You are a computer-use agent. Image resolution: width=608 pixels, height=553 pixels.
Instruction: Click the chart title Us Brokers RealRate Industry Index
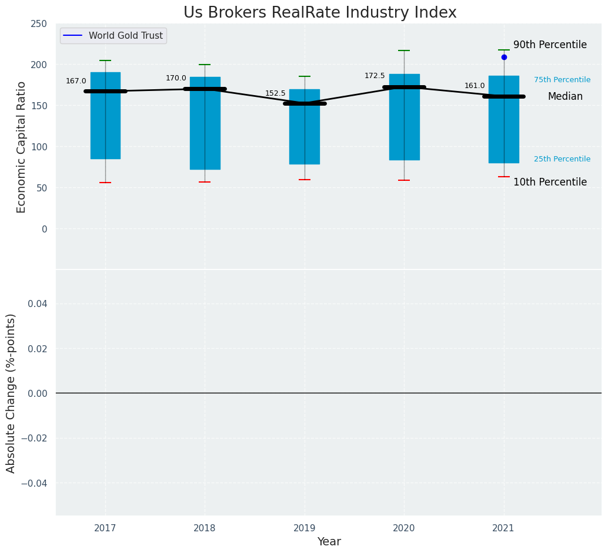click(x=320, y=13)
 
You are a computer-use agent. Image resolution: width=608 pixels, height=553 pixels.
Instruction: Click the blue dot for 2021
click(x=504, y=57)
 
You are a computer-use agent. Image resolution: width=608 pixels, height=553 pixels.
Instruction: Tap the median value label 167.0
click(x=76, y=81)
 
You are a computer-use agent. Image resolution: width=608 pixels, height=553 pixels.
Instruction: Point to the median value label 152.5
click(x=275, y=93)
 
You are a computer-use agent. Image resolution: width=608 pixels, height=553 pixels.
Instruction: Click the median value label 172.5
click(x=375, y=76)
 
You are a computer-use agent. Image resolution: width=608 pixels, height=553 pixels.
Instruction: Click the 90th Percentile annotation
click(x=550, y=45)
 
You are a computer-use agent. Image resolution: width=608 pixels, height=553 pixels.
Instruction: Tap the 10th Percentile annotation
click(x=550, y=182)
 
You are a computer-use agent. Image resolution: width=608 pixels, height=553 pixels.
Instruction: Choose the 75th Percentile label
click(x=562, y=80)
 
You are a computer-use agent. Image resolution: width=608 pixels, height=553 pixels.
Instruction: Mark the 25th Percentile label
click(x=562, y=159)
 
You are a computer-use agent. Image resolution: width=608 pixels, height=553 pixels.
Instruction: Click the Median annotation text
click(x=565, y=97)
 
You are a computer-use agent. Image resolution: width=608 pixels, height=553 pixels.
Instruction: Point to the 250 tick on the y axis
click(x=39, y=23)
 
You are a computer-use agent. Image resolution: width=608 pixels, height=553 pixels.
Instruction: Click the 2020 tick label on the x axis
click(x=404, y=528)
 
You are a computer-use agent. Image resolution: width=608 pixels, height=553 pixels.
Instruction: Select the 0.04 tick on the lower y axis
click(x=36, y=304)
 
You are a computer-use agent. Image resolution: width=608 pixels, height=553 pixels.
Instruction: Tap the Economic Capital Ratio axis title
click(x=21, y=147)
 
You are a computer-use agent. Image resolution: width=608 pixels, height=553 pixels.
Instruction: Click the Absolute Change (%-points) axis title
click(x=11, y=393)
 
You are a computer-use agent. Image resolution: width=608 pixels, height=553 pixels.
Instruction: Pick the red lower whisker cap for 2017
click(x=105, y=183)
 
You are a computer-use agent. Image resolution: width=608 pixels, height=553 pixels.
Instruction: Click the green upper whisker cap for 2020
click(x=404, y=50)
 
